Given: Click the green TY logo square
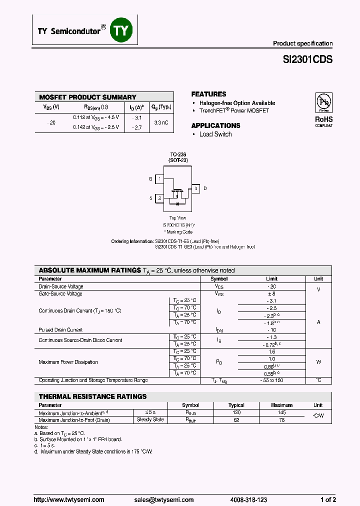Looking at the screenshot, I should click(x=122, y=30).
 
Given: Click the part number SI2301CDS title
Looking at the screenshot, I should click(x=307, y=59).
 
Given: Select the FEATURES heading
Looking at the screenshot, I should click(x=208, y=94).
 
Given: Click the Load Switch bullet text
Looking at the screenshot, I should click(x=215, y=134).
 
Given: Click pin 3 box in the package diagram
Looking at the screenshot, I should click(x=196, y=188).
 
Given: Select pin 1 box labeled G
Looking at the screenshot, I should click(x=159, y=179).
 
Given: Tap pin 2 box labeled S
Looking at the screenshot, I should click(x=159, y=198).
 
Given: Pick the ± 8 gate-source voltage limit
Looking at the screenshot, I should click(x=271, y=294).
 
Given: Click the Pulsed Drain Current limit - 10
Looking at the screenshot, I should click(x=271, y=330).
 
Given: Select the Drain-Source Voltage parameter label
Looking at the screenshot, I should click(x=61, y=287).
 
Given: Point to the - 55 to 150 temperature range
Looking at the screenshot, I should click(x=271, y=380).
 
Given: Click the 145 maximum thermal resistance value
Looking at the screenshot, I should click(x=281, y=412).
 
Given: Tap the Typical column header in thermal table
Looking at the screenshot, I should click(x=236, y=405).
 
